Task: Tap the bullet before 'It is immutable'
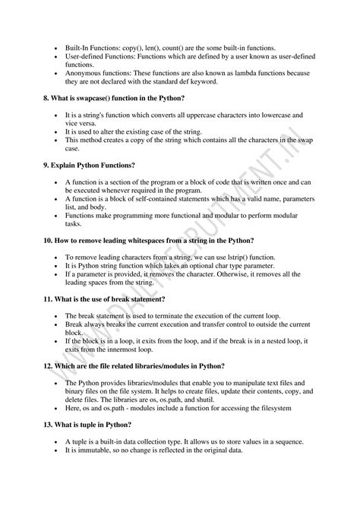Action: click(58, 451)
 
